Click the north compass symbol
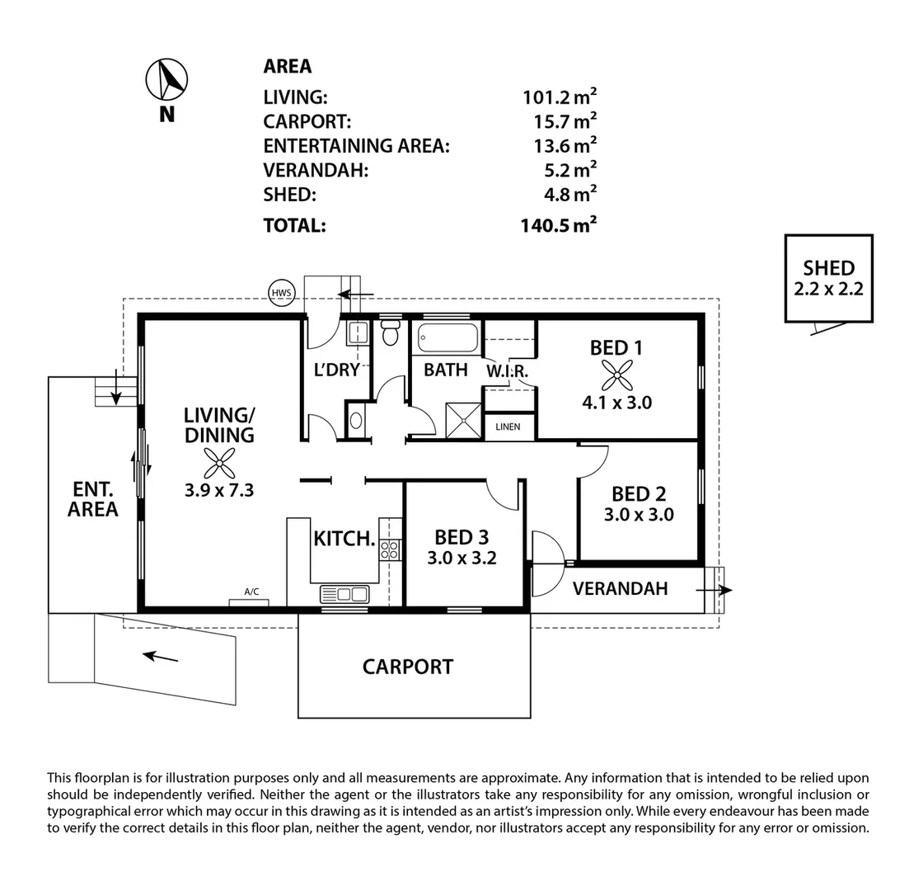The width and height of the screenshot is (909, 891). (x=166, y=80)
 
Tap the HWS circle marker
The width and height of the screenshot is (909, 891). (x=282, y=292)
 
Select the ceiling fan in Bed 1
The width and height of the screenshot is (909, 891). (x=616, y=375)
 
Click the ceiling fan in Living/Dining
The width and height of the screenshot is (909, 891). (x=218, y=464)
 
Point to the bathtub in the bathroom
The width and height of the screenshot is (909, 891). (x=447, y=338)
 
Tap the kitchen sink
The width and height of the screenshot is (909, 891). (x=344, y=593)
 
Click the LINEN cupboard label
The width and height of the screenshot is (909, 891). (x=508, y=427)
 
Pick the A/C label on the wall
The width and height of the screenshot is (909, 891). (x=251, y=592)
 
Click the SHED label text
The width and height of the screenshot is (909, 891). (x=828, y=268)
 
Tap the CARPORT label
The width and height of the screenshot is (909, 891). (x=407, y=667)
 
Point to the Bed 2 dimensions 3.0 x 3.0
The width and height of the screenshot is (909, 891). (x=639, y=515)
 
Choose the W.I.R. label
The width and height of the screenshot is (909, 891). (x=507, y=372)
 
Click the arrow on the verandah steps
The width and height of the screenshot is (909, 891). (x=713, y=590)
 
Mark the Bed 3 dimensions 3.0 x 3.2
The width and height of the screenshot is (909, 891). (x=462, y=558)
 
